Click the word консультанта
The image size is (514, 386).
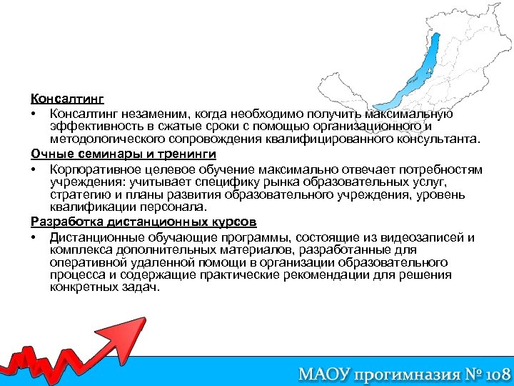point(437,138)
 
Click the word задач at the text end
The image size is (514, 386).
point(142,287)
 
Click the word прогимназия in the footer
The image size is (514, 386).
point(405,373)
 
